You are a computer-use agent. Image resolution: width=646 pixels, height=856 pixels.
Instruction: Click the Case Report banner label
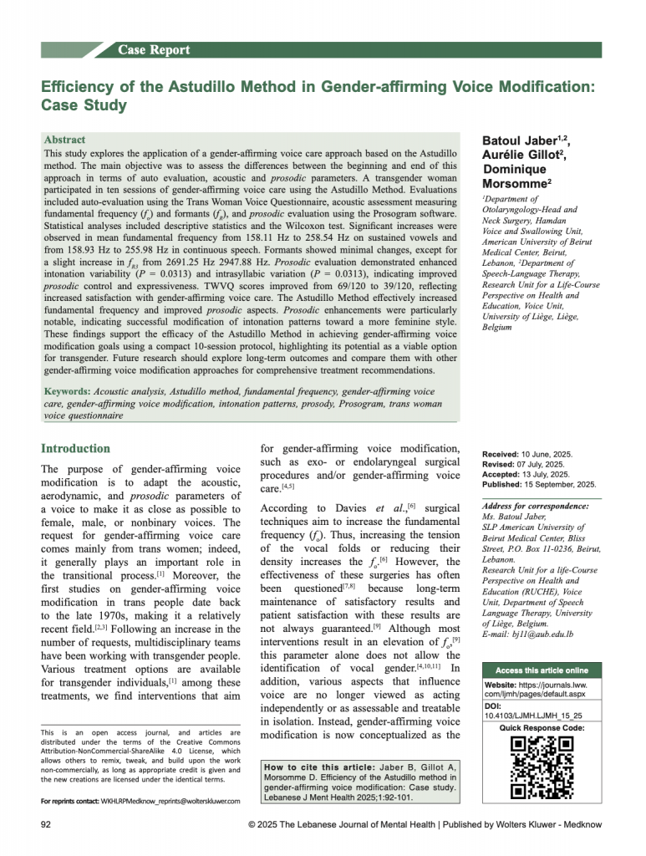pos(154,50)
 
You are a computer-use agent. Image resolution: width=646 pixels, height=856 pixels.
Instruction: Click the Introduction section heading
pos(75,448)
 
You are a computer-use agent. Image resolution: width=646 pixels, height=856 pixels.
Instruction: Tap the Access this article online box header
pos(541,671)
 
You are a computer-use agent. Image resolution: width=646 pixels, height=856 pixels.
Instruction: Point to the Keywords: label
pos(69,391)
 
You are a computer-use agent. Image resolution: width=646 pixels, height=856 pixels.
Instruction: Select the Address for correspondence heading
pos(535,506)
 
